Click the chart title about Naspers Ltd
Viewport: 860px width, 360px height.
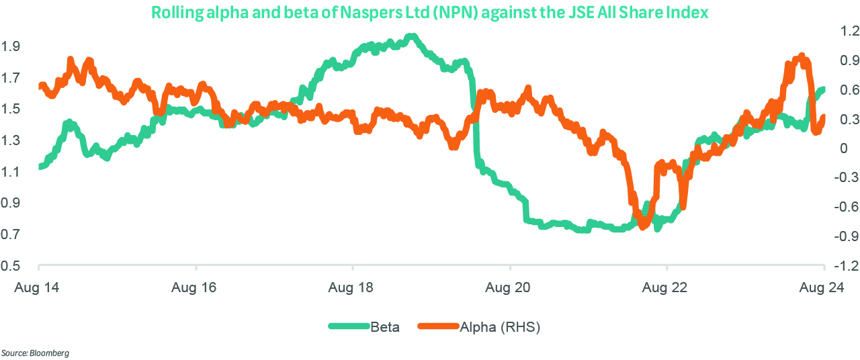(x=430, y=12)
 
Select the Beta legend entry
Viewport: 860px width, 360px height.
(x=385, y=327)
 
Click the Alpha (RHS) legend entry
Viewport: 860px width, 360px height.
(x=500, y=327)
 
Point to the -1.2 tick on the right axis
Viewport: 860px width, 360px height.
(x=843, y=266)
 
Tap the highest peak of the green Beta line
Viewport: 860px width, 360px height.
(x=411, y=36)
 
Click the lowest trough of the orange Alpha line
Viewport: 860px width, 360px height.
(x=642, y=226)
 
